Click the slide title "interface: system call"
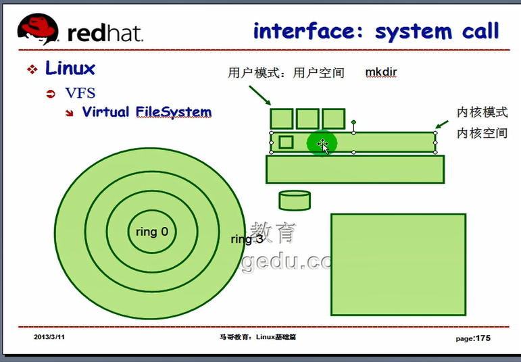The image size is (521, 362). [x=376, y=31]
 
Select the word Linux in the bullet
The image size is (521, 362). [x=70, y=68]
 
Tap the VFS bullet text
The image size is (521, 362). [x=80, y=93]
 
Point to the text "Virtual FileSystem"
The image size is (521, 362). [x=147, y=112]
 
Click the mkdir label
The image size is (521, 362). [x=381, y=72]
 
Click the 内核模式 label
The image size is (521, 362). [x=482, y=112]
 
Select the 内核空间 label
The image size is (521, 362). [x=482, y=133]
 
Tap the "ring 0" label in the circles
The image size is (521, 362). [x=151, y=232]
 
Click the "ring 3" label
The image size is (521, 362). [x=247, y=239]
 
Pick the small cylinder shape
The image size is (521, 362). [x=295, y=200]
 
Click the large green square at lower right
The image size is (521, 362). [x=398, y=264]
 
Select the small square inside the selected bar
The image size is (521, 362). [x=286, y=142]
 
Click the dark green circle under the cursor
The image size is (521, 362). [x=322, y=144]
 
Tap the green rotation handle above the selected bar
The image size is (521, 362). [x=353, y=123]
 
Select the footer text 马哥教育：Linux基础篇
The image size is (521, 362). [x=257, y=336]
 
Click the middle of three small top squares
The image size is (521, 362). [x=307, y=118]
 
